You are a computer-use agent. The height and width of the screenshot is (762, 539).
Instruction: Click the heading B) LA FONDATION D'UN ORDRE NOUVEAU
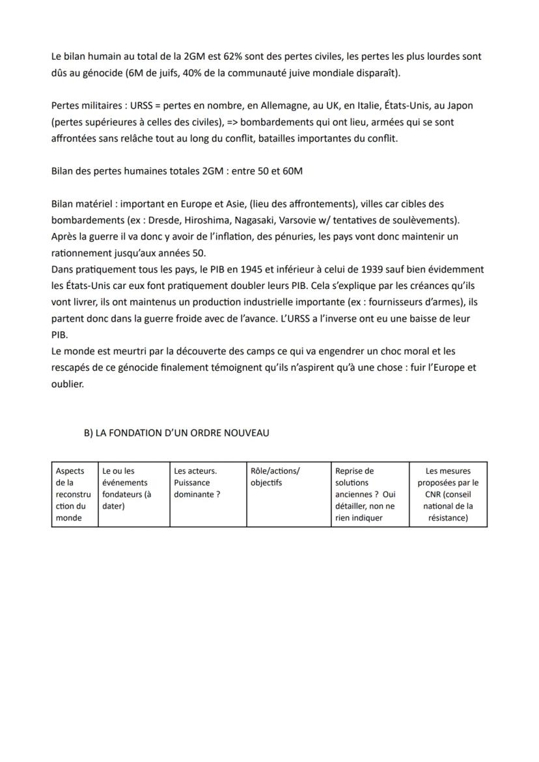[x=176, y=433]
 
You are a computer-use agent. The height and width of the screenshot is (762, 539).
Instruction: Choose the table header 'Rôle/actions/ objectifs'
[x=275, y=477]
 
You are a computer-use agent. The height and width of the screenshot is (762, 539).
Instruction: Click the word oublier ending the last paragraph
[x=68, y=384]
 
